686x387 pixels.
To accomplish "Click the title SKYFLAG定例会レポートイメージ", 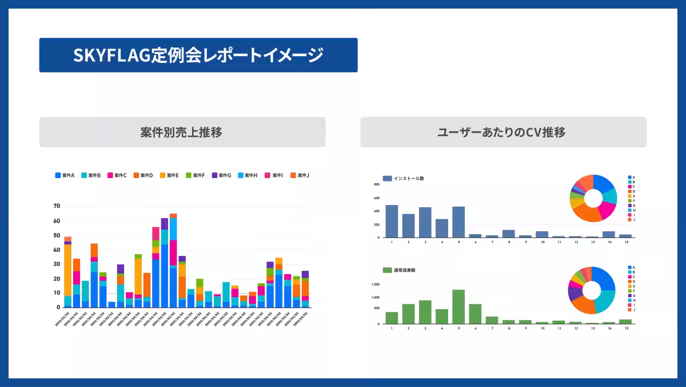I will pos(198,56).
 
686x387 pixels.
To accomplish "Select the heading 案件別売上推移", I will pos(181,132).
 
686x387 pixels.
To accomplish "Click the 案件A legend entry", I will pos(65,175).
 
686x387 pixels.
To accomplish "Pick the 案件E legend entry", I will pos(170,175).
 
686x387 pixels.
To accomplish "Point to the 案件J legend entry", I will pos(300,175).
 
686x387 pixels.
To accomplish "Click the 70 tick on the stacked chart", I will pos(57,206).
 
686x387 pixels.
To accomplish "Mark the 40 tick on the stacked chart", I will pos(57,250).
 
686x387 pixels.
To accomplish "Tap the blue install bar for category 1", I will pos(392,221).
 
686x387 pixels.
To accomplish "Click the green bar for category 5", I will pos(458,306).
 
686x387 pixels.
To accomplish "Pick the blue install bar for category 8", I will pos(509,234).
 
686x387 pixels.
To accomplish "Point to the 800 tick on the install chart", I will pos(377,185).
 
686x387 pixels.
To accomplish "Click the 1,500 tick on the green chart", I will pos(376,284).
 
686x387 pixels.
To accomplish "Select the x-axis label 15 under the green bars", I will pos(626,329).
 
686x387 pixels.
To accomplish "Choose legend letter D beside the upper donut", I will pos(633,191).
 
